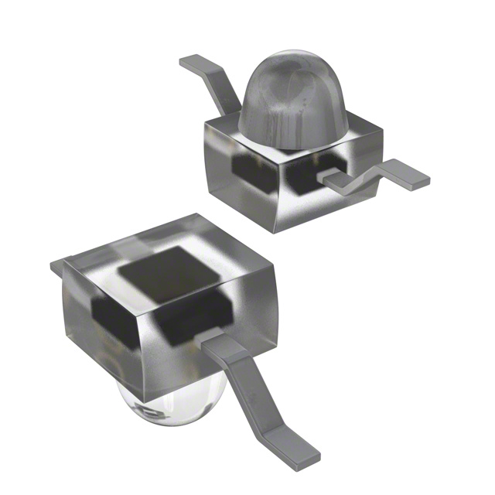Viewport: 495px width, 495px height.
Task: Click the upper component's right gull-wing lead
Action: pyautogui.click(x=371, y=176)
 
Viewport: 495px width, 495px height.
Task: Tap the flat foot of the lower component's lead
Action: pyautogui.click(x=298, y=452)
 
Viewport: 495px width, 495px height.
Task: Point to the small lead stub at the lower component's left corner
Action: pyautogui.click(x=56, y=266)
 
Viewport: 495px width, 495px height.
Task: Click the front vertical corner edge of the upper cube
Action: pyautogui.click(x=278, y=193)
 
